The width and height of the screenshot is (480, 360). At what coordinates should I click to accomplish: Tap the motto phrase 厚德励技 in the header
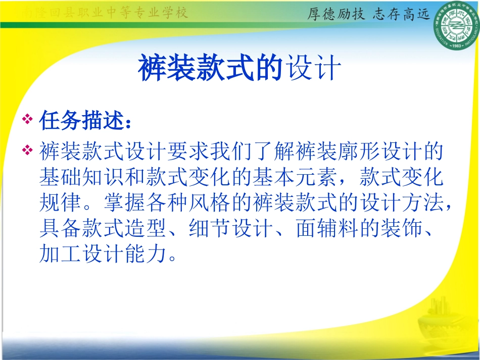(336, 14)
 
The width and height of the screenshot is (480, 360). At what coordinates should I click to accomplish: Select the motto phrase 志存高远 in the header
(402, 14)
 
